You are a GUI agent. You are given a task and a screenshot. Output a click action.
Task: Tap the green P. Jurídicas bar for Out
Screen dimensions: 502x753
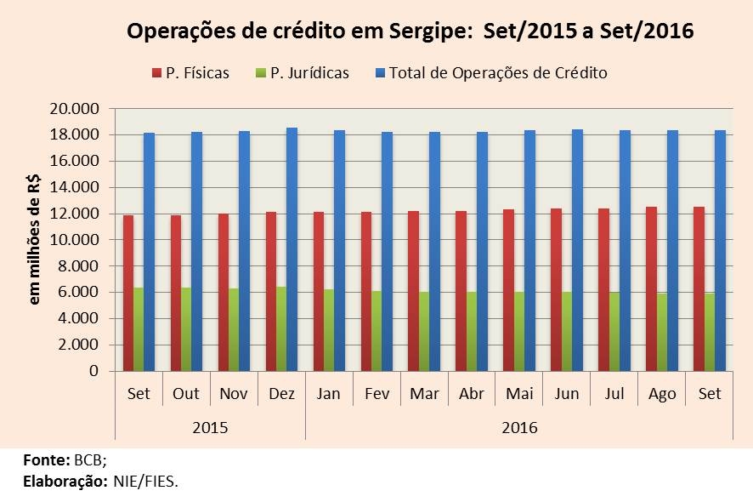coord(186,329)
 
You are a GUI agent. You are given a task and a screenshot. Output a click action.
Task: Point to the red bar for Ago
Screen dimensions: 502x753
coord(650,288)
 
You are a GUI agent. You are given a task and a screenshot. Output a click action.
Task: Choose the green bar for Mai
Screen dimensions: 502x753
coord(518,332)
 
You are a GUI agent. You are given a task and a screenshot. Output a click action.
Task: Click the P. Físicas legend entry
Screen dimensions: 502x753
coord(190,73)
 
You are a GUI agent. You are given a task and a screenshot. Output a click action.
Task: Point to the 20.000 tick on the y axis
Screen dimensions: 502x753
coord(76,109)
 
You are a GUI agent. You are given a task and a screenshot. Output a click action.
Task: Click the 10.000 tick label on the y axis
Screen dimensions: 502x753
coord(76,240)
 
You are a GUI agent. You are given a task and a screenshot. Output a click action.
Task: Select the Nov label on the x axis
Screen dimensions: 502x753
coord(234,394)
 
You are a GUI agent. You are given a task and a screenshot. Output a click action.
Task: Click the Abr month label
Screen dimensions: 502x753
coord(471,394)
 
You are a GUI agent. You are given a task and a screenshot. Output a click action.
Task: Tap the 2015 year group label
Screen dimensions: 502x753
coord(210,426)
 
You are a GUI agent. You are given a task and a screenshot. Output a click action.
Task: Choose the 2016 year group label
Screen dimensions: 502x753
coord(518,426)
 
